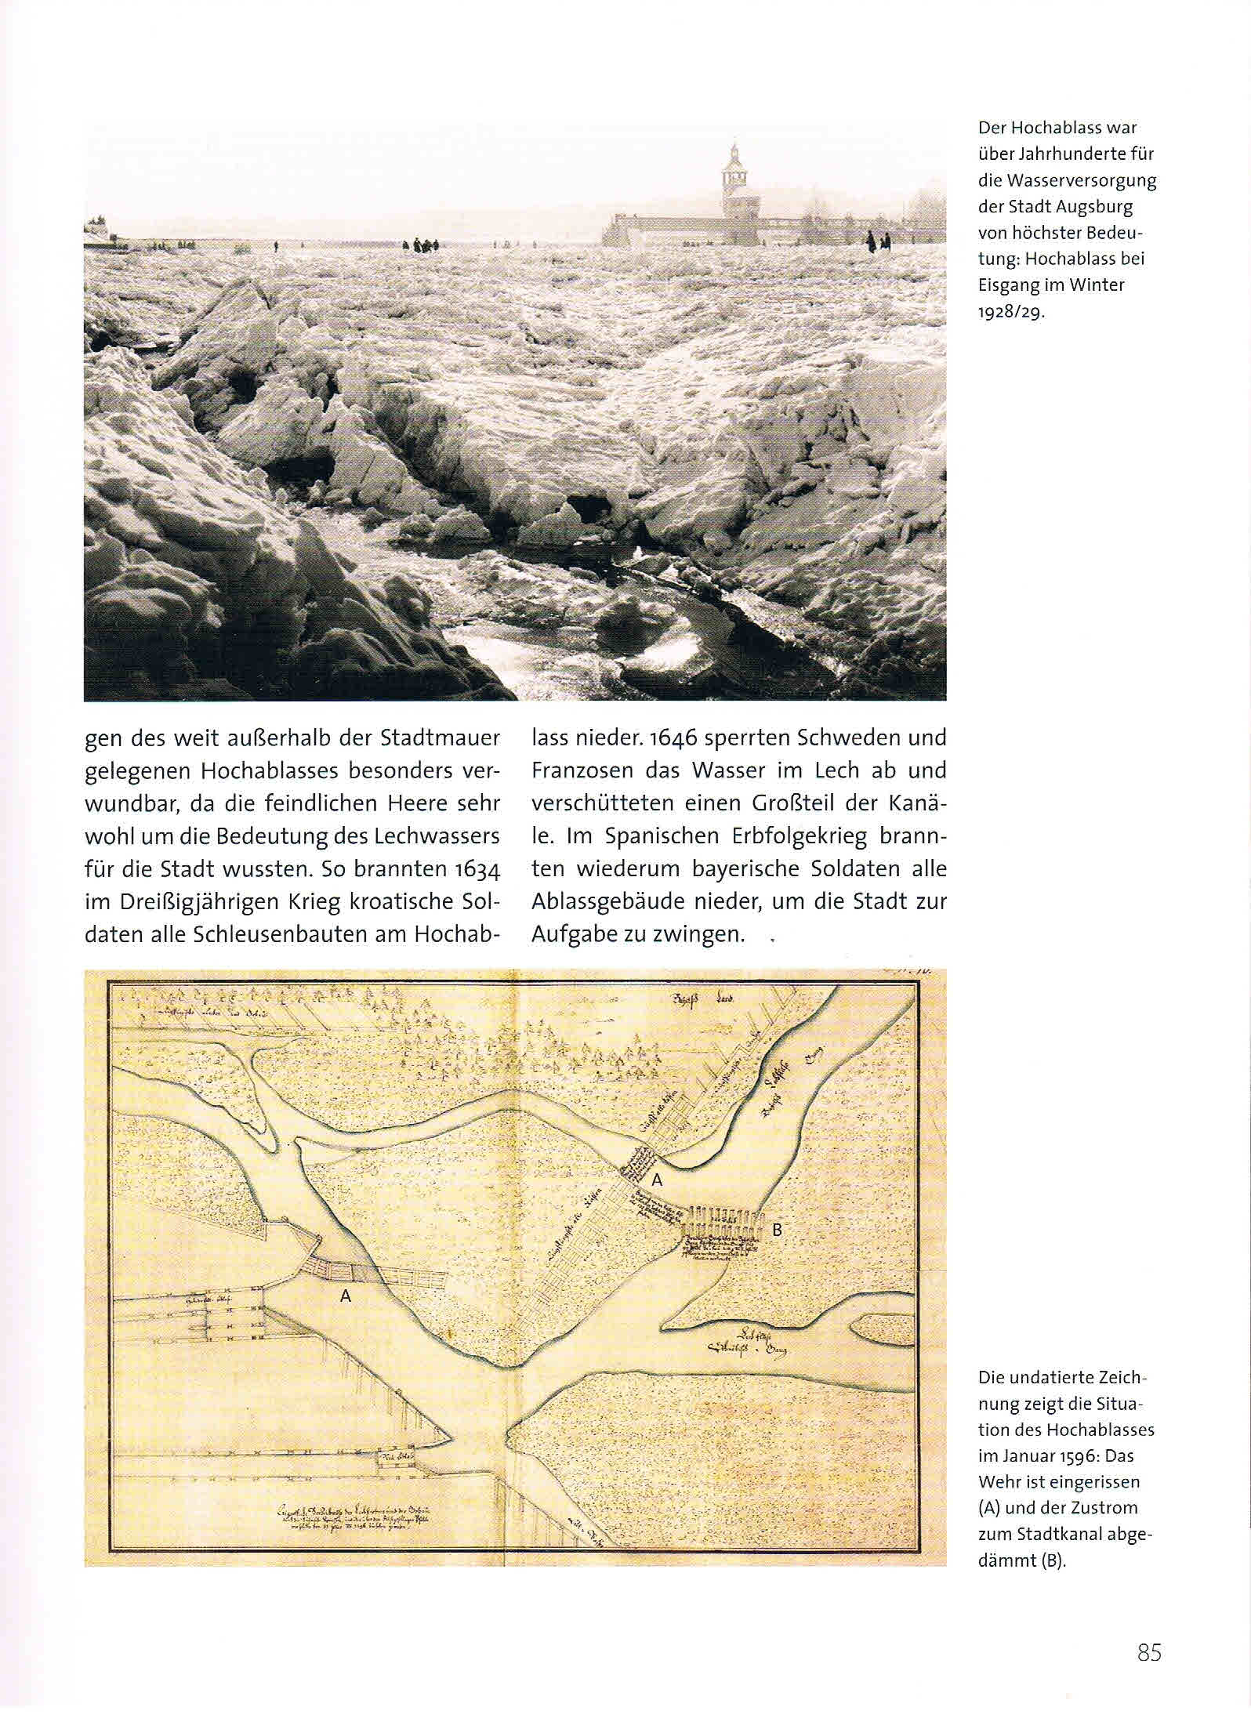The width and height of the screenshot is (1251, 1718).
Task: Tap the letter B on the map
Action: coord(777,1230)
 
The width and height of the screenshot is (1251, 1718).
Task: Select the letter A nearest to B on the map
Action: coord(658,1180)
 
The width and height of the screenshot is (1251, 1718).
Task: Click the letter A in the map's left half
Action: coord(346,1297)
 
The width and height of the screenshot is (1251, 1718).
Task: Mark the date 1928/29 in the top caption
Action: coord(1011,312)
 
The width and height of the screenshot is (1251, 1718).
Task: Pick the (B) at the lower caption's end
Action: coord(1053,1560)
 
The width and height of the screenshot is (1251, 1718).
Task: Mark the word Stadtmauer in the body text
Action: coord(441,738)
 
